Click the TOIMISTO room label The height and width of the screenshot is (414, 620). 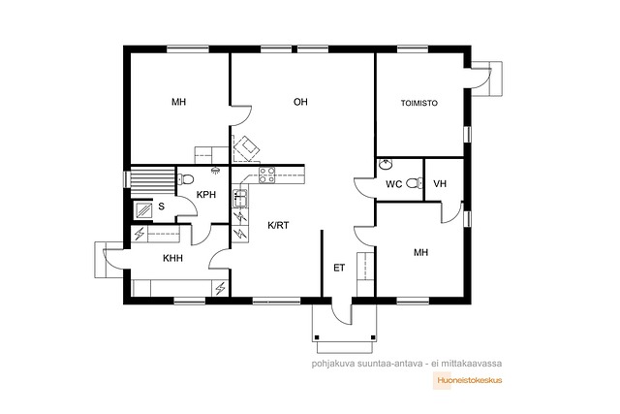pyautogui.click(x=419, y=104)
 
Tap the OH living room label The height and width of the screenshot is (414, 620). pyautogui.click(x=300, y=102)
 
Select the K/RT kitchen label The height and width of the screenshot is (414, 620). pyautogui.click(x=278, y=226)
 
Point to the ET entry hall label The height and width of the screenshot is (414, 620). pyautogui.click(x=339, y=268)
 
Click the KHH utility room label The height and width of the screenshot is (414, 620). pyautogui.click(x=172, y=259)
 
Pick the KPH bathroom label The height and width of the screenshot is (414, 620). pyautogui.click(x=206, y=195)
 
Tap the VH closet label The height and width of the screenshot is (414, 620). pyautogui.click(x=440, y=183)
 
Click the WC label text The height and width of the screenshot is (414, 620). pyautogui.click(x=394, y=184)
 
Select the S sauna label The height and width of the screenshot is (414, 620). pyautogui.click(x=162, y=207)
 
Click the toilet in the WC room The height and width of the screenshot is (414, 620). pyautogui.click(x=414, y=183)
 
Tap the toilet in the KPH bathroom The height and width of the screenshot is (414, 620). pyautogui.click(x=186, y=179)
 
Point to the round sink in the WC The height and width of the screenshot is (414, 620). pyautogui.click(x=384, y=164)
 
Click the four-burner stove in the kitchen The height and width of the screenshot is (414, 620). pyautogui.click(x=267, y=175)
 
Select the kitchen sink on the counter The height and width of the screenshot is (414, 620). pyautogui.click(x=240, y=199)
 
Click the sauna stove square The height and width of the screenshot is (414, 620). pyautogui.click(x=143, y=209)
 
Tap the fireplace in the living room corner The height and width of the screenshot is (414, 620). pyautogui.click(x=246, y=148)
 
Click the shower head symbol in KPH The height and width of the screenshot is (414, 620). pyautogui.click(x=215, y=171)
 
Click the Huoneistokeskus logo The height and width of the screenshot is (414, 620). pyautogui.click(x=468, y=380)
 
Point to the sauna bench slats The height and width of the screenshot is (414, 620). pyautogui.click(x=153, y=181)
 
